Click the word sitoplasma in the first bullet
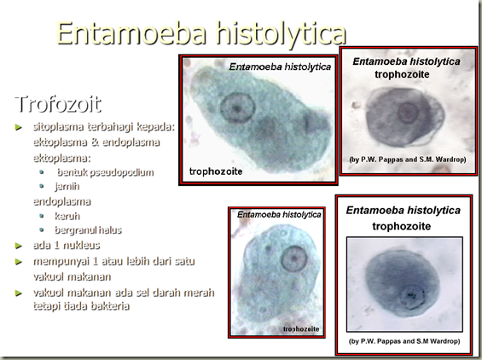pos(61,127)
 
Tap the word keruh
pos(67,217)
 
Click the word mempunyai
pos(65,260)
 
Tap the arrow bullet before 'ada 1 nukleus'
pos(20,246)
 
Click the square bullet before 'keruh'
pos(43,217)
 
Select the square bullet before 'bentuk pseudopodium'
pos(43,172)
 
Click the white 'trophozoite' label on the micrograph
pos(216,171)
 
